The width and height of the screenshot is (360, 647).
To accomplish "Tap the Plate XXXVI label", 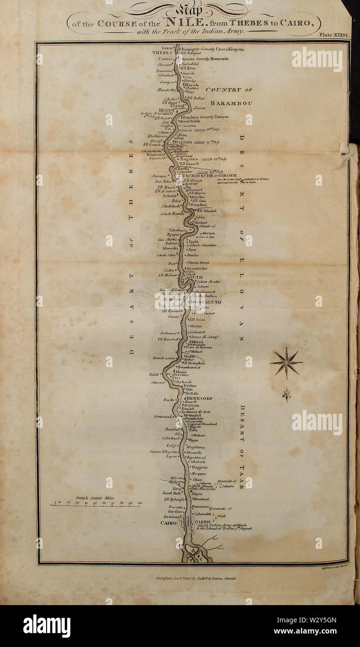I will tap(334, 35).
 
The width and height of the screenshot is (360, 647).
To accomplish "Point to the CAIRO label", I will tap(169, 523).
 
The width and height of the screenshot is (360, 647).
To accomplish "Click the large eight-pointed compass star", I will tap(286, 362).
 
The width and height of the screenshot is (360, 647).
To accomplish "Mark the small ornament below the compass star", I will tap(286, 395).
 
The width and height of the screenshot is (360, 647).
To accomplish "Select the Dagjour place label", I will tap(200, 467).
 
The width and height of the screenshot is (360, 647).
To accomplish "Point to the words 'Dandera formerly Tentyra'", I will tap(208, 117).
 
